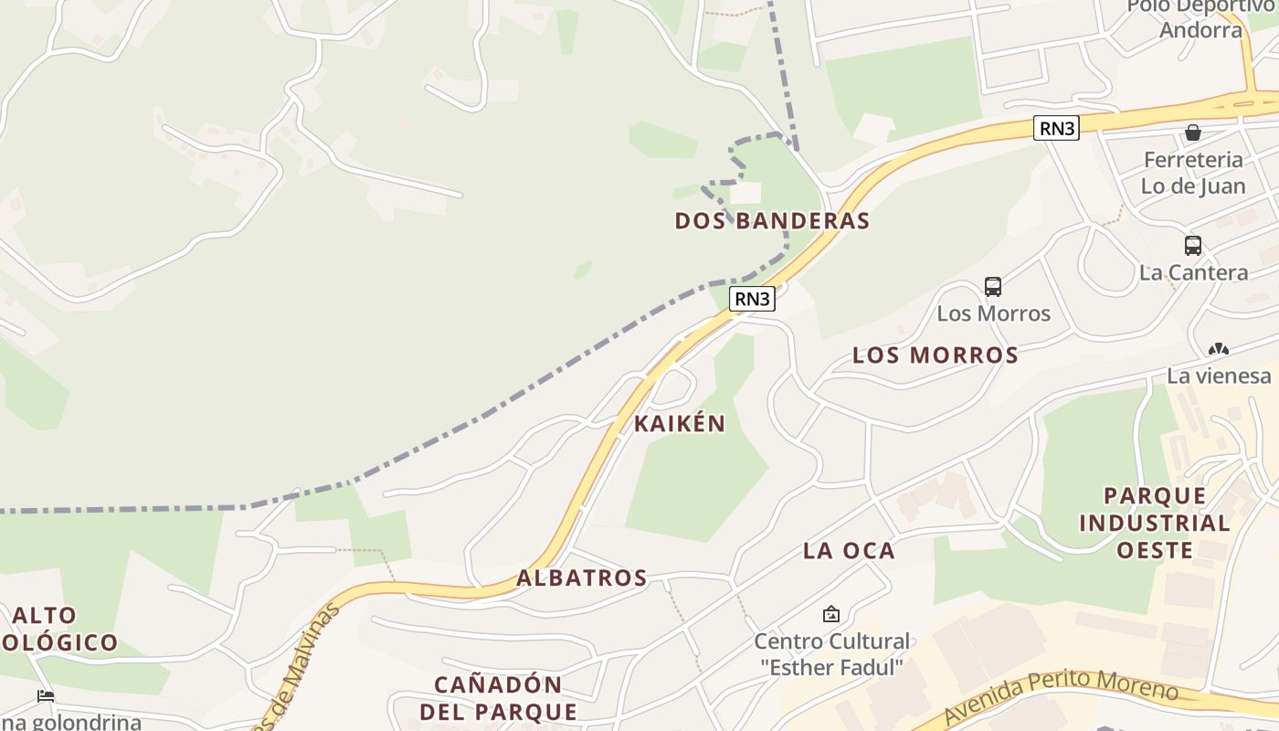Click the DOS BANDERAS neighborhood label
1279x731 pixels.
(772, 221)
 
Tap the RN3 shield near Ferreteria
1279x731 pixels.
(1056, 128)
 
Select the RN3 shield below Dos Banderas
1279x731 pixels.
(752, 299)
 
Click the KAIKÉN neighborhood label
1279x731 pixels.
(680, 424)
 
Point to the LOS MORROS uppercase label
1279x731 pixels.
(935, 355)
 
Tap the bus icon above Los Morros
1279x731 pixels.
(993, 287)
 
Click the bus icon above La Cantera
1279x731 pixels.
(1193, 246)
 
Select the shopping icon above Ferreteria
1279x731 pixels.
(1193, 133)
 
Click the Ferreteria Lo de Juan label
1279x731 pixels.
(1193, 173)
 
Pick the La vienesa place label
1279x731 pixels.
(1219, 376)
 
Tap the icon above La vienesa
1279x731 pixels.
(1218, 349)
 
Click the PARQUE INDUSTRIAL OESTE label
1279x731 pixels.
(1155, 523)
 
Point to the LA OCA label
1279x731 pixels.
(849, 551)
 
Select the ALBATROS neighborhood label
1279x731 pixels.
(582, 578)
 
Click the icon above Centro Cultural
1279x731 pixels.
(831, 614)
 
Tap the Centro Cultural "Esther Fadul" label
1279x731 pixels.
(831, 654)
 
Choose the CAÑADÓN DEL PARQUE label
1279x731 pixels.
(498, 698)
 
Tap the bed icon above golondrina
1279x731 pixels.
(46, 696)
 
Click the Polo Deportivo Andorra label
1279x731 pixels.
(1200, 18)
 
